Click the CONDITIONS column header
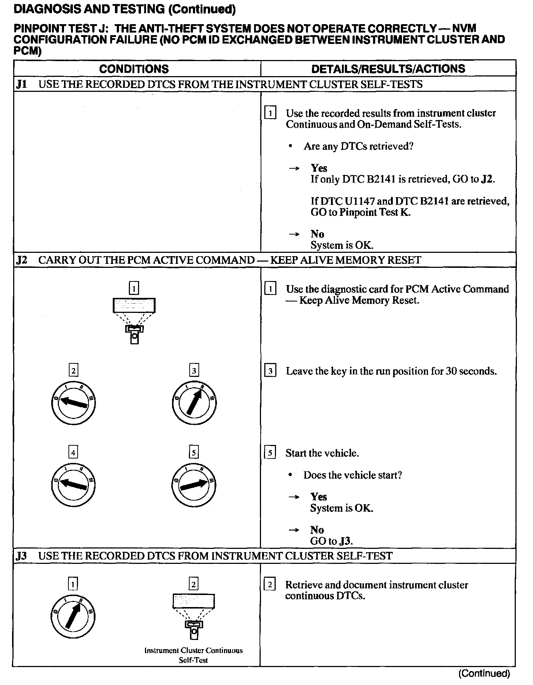(x=134, y=69)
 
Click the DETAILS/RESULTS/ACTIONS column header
(x=388, y=69)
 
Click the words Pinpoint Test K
(x=375, y=213)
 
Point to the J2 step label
(x=22, y=260)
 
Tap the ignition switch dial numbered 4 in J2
(x=73, y=485)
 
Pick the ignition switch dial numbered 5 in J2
(x=194, y=485)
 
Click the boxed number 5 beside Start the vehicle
(x=270, y=453)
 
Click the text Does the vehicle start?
(x=353, y=475)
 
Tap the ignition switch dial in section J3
(x=73, y=616)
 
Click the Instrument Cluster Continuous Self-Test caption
(x=193, y=655)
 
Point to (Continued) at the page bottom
(x=484, y=673)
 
